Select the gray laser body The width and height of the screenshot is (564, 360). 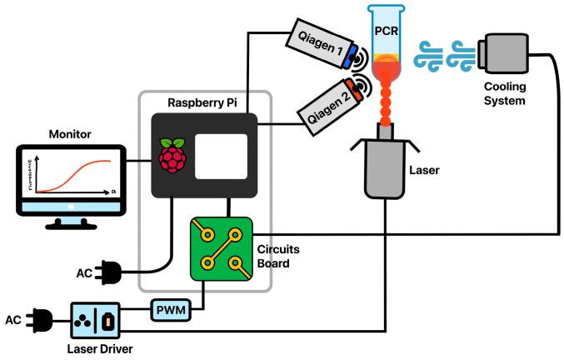point(384,172)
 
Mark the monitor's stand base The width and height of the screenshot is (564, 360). point(70,223)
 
